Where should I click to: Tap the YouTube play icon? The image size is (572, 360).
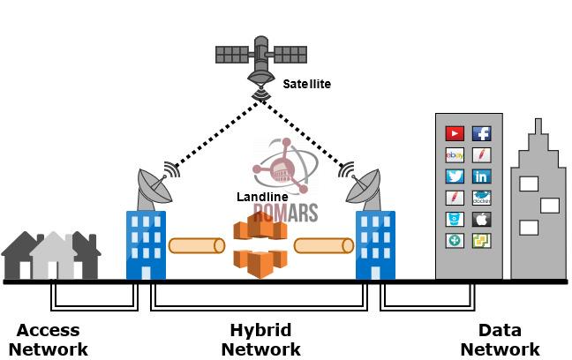click(x=455, y=134)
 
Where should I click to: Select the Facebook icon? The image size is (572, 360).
click(x=482, y=134)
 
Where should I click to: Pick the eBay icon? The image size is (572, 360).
click(x=455, y=155)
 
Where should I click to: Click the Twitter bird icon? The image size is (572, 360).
click(x=455, y=176)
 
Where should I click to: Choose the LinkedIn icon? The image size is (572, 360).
click(x=482, y=176)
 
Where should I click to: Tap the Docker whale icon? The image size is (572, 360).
click(x=482, y=198)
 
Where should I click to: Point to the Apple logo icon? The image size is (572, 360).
click(x=482, y=219)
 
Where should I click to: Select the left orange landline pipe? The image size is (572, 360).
click(x=195, y=244)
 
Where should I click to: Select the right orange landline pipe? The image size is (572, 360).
click(x=323, y=244)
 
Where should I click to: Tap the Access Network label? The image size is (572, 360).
click(x=49, y=340)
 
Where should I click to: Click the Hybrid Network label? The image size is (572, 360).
click(x=260, y=340)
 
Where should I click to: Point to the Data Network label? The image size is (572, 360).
click(x=500, y=340)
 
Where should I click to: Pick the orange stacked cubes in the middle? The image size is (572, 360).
click(x=260, y=244)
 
